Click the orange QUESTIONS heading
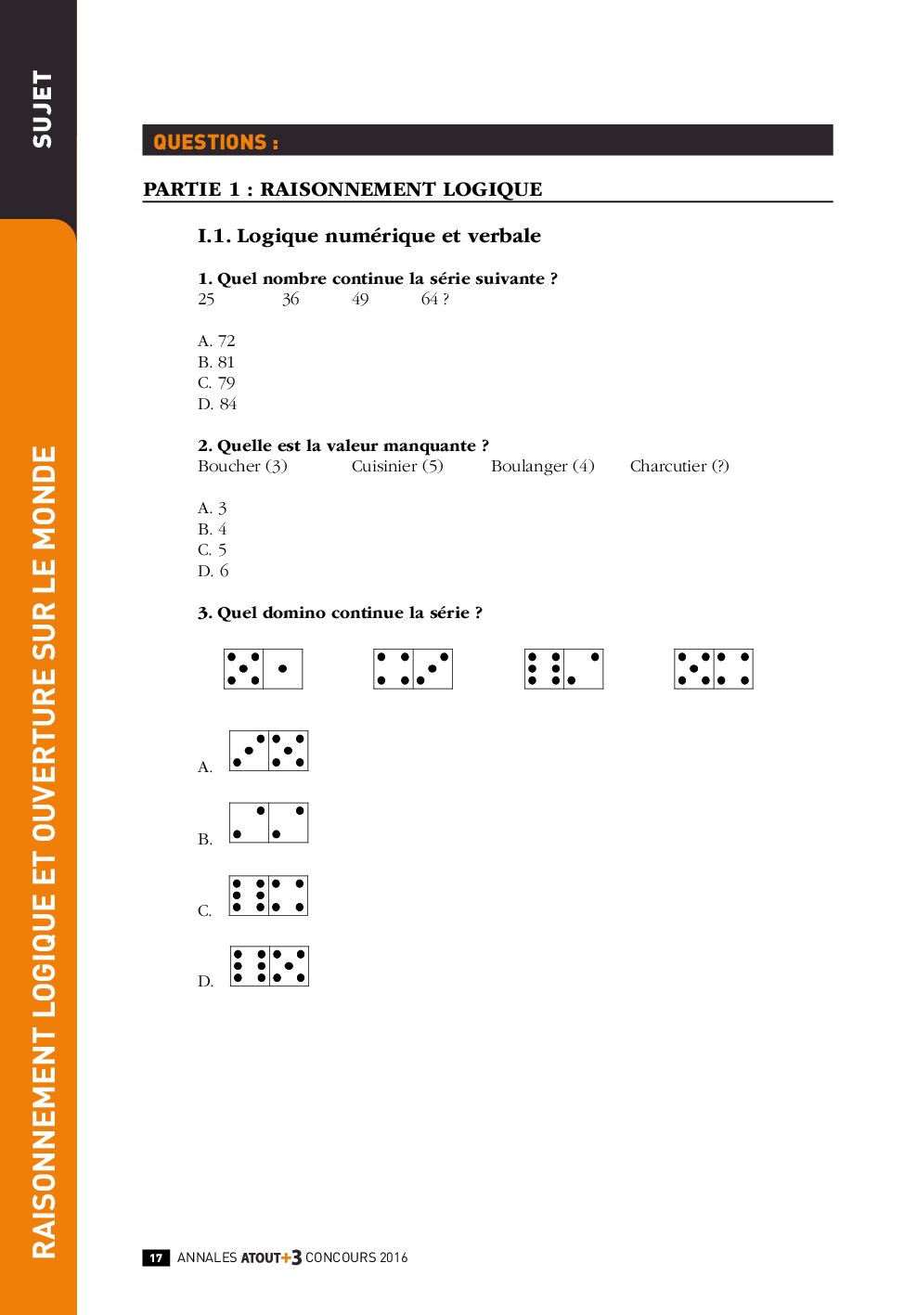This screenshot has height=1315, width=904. coord(215,142)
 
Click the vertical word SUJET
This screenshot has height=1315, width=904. coord(43,109)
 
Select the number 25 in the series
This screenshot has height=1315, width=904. coord(206,299)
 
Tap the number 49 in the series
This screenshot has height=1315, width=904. coord(360,299)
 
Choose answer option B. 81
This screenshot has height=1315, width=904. coord(216,362)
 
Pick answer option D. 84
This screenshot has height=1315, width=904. coord(217,404)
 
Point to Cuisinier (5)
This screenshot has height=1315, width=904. coord(397,466)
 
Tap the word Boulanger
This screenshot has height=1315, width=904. coord(529,466)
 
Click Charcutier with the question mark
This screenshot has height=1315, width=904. coord(679,466)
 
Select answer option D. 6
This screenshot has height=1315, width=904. coord(213,571)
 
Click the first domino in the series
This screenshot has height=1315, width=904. coord(264,669)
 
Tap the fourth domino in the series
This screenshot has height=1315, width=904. coord(714,669)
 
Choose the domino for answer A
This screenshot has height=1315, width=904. coord(269,751)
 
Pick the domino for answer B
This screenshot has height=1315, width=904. coord(269,823)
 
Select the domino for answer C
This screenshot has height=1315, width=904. coord(269,896)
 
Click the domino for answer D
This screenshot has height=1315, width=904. coord(269,966)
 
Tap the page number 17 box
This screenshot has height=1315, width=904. coord(156,1257)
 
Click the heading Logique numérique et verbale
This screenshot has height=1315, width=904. coord(369,236)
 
